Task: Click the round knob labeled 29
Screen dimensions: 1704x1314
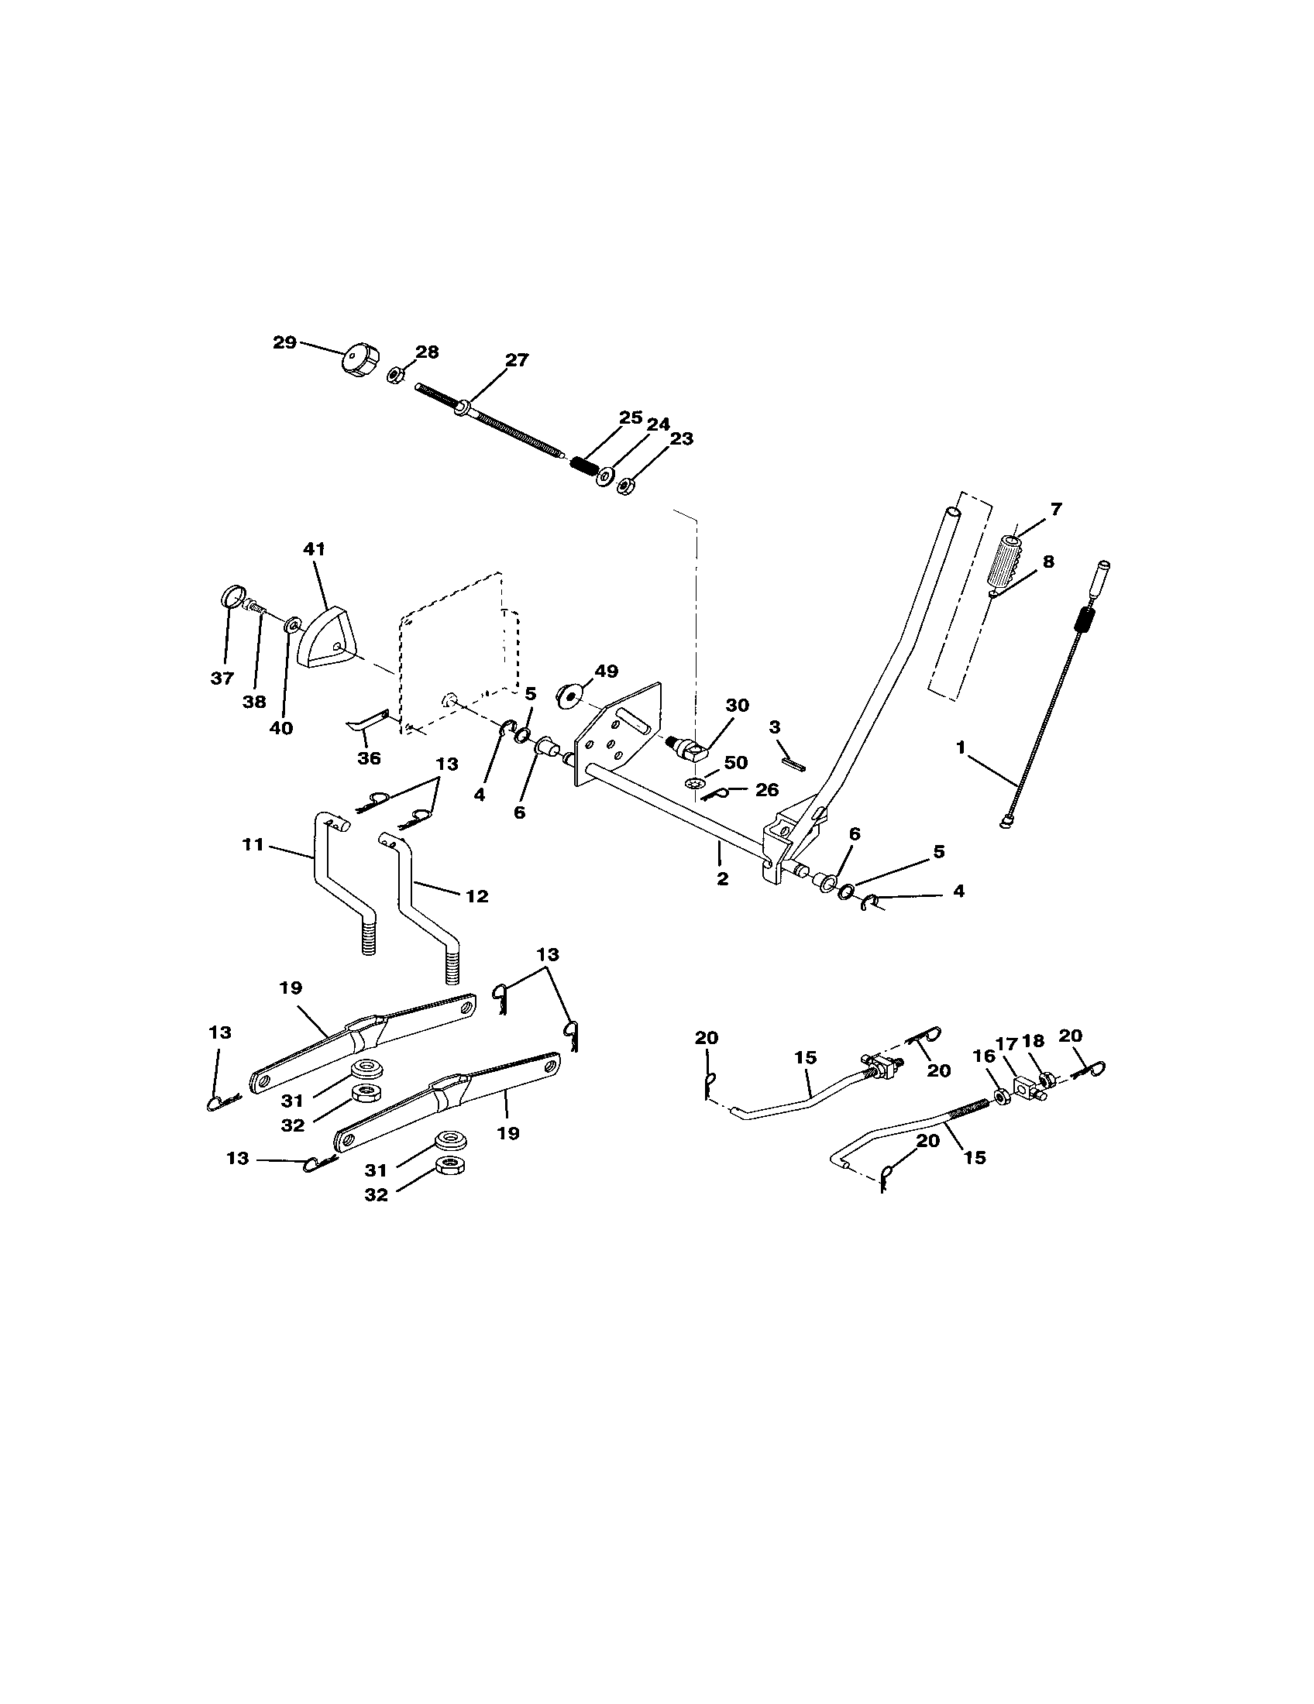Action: click(359, 360)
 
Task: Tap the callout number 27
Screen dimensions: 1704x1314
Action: click(517, 360)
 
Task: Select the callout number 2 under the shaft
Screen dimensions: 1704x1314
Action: click(723, 878)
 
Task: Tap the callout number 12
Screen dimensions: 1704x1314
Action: click(476, 896)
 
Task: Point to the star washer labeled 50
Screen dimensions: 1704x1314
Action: click(693, 782)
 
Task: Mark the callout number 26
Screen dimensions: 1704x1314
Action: click(767, 789)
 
